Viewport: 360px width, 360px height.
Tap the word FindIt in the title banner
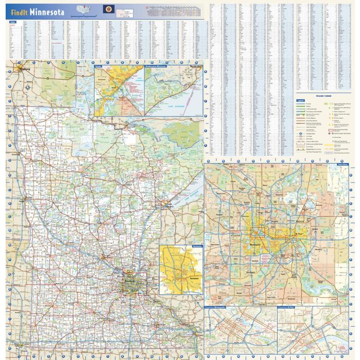tap(19, 12)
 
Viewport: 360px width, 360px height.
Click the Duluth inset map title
tap(98, 67)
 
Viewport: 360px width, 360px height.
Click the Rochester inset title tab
tap(196, 246)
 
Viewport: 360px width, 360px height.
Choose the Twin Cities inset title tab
tap(342, 165)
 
